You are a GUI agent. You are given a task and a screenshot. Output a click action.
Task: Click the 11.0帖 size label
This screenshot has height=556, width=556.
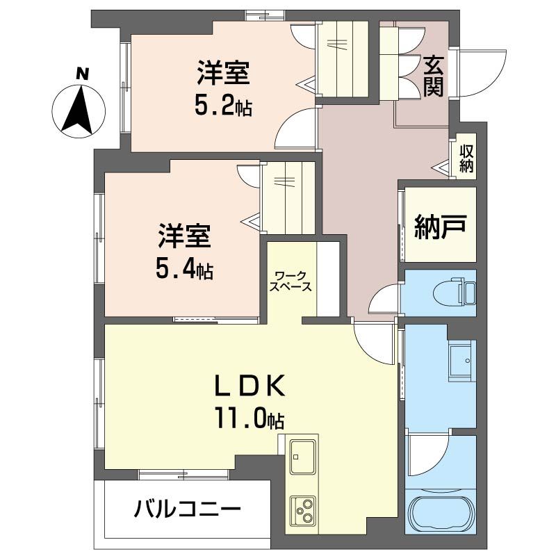249,418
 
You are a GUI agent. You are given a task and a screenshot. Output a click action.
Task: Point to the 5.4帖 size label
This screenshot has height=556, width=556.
183,270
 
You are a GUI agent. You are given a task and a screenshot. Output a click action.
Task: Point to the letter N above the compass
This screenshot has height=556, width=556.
83,72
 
